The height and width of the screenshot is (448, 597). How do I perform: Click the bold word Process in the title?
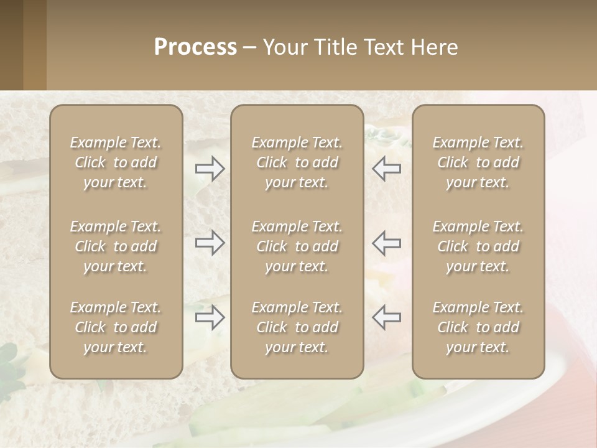(195, 47)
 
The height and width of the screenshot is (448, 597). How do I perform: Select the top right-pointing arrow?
(210, 169)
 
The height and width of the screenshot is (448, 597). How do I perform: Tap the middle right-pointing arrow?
(210, 243)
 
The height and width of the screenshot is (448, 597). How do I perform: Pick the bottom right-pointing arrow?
(210, 317)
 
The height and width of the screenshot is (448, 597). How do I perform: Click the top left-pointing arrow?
(386, 169)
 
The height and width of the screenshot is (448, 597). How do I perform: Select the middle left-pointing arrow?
(386, 243)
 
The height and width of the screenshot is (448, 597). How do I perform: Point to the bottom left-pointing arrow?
(386, 317)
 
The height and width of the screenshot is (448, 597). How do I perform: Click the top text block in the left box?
(116, 162)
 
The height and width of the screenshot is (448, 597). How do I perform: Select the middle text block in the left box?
(116, 246)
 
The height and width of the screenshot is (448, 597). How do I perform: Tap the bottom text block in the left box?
(116, 327)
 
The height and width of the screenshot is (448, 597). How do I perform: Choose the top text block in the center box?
(297, 162)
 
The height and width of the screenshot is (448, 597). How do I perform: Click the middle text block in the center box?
(297, 246)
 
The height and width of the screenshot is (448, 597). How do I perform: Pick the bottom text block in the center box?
(297, 327)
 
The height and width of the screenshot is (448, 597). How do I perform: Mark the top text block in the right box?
(478, 162)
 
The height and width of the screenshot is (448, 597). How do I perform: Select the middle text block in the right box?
(478, 246)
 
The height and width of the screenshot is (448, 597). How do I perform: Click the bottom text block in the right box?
(478, 327)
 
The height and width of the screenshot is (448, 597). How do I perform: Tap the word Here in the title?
(435, 47)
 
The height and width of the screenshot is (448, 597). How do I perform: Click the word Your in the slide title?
(283, 47)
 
